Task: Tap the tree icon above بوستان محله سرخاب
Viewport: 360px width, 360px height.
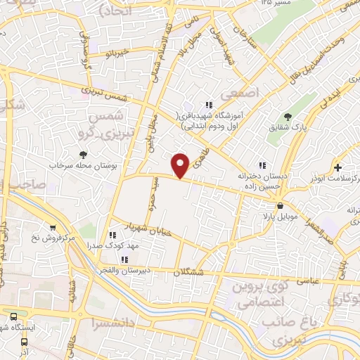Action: pyautogui.click(x=84, y=153)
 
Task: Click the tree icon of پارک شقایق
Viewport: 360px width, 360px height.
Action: pyautogui.click(x=286, y=117)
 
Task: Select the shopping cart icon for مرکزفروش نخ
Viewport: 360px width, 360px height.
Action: pyautogui.click(x=53, y=227)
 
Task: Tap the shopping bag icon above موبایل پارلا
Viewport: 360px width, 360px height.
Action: pyautogui.click(x=281, y=206)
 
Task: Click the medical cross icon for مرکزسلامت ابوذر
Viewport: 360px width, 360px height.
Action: pyautogui.click(x=339, y=168)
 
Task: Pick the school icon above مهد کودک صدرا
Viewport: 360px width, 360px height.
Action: pyautogui.click(x=112, y=235)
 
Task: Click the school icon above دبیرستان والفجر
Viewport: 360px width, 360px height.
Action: pyautogui.click(x=124, y=259)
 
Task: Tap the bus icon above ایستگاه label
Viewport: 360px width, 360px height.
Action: pyautogui.click(x=13, y=316)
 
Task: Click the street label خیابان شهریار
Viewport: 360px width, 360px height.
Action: pyautogui.click(x=129, y=228)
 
